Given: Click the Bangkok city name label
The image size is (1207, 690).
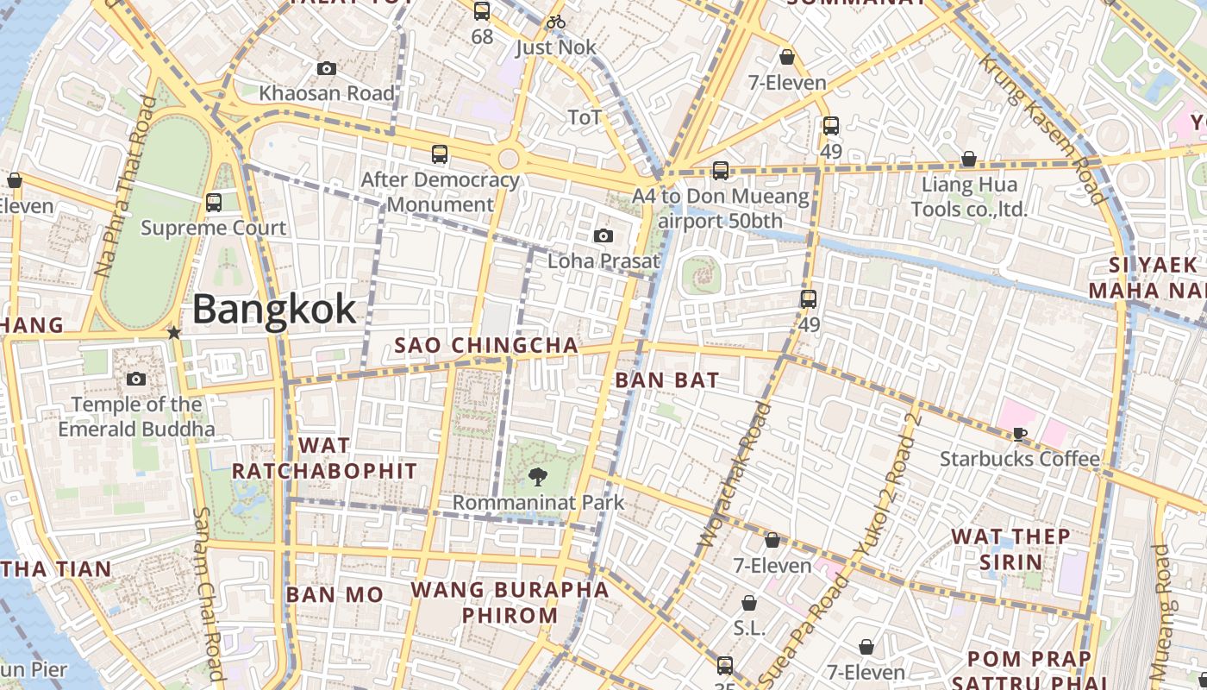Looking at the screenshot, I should pos(274,309).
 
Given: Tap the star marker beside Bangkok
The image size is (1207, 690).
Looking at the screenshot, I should pos(174,332).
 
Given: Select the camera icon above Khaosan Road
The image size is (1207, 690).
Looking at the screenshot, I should pos(327,68).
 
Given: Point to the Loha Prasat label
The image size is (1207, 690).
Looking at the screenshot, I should pos(603,260).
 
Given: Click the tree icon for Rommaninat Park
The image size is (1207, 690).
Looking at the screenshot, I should pos(538,476).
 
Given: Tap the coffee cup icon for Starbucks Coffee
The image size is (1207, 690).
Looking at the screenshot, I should pos(1020,434).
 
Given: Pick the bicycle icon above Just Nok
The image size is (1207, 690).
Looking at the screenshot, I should pos(556,22).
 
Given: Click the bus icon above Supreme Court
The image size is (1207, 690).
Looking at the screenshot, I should pos(214,203).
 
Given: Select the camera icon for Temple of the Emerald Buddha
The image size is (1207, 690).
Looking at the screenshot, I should pos(135,379).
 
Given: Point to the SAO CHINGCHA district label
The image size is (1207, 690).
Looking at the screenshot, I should pos(486,346).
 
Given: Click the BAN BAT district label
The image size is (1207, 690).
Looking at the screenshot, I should pos(667,379).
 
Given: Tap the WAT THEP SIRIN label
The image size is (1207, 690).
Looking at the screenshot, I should pos(1010,549).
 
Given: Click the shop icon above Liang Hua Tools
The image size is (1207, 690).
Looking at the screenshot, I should pos(969,159).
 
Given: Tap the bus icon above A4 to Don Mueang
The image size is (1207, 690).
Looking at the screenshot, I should pos(721,171).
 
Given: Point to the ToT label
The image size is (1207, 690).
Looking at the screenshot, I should pos(584,117).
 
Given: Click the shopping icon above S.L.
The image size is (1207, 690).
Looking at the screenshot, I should pos(749,603).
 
